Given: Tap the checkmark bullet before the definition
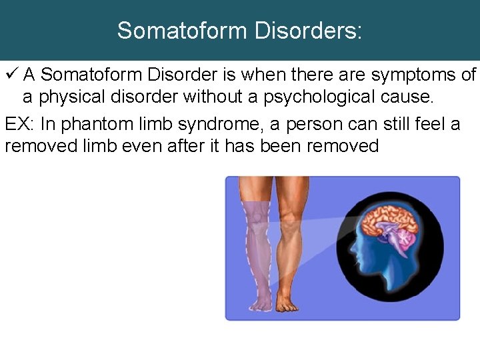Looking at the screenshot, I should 12,75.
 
